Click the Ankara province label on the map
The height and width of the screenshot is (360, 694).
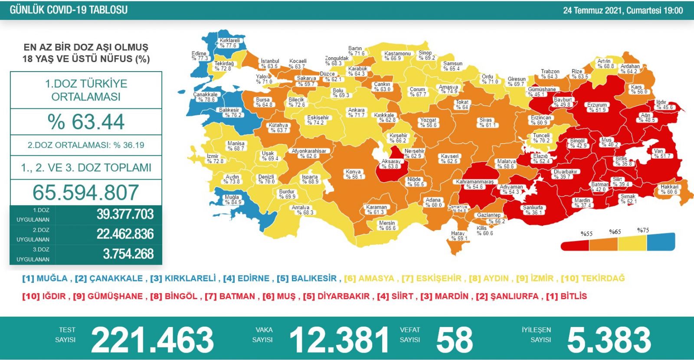356,113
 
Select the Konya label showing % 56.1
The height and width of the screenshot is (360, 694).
354,174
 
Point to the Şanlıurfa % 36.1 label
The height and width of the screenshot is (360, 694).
533,210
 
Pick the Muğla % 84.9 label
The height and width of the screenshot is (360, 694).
232,200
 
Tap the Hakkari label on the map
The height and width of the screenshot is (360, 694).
669,189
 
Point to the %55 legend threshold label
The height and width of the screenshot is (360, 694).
586,234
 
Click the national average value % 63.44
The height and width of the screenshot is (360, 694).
86,121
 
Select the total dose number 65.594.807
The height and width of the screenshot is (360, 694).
86,193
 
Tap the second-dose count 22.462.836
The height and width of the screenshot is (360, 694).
125,234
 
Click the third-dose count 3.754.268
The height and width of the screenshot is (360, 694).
128,254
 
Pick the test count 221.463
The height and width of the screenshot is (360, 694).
152,340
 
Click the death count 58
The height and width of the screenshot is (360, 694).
454,340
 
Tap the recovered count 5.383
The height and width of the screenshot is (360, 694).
609,340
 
